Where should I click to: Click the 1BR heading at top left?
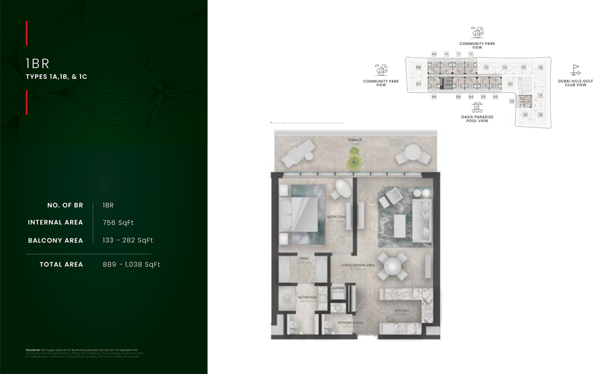click(38, 64)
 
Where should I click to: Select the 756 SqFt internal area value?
click(118, 223)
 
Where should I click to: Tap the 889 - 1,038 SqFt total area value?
click(131, 265)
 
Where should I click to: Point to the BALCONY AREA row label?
click(55, 241)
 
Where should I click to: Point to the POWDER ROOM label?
click(350, 322)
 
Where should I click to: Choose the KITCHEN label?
click(401, 311)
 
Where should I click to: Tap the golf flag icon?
click(575, 70)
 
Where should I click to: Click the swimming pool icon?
click(477, 107)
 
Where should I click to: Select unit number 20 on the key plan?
click(512, 101)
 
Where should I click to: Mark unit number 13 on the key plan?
click(486, 67)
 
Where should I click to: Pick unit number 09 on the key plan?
click(434, 54)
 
